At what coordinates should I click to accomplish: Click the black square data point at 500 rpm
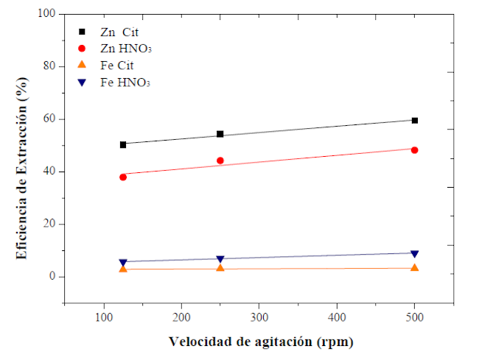[415, 120]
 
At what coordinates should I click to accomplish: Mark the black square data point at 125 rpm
[123, 144]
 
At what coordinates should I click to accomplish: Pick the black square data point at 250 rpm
[220, 135]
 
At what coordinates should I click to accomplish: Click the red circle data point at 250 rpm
[220, 160]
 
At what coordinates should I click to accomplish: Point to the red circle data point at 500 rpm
[415, 150]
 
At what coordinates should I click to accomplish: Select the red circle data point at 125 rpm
[123, 177]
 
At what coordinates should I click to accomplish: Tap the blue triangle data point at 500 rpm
[415, 254]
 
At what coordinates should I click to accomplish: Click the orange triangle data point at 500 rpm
[415, 267]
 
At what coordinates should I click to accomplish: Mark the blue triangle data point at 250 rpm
[220, 259]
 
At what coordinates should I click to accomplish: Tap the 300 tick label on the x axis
[259, 317]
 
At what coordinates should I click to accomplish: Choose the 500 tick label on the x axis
[415, 317]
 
